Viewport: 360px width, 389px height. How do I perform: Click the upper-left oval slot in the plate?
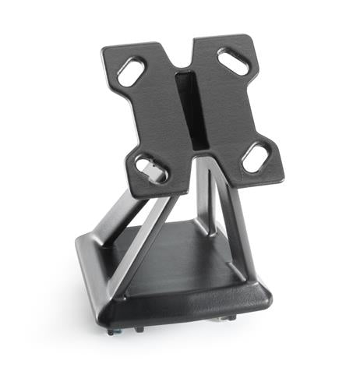(131, 72)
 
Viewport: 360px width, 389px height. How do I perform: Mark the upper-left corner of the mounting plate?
(105, 51)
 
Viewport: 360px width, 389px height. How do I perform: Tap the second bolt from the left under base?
(140, 328)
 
